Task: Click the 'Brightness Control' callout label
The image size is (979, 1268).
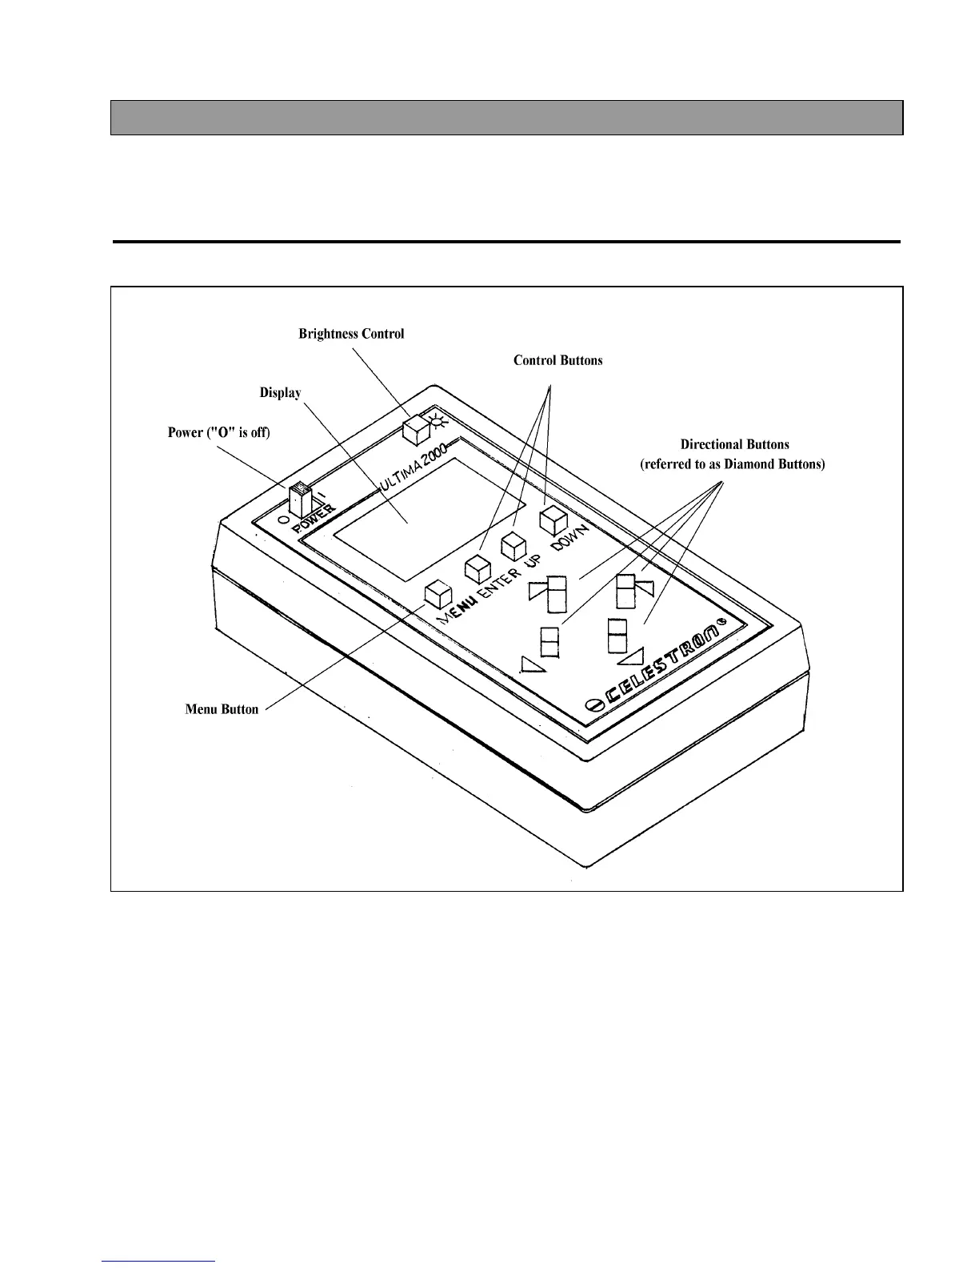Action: (x=351, y=334)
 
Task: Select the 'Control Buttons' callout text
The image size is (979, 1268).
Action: (x=557, y=360)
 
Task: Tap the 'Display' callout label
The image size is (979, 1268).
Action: (x=280, y=392)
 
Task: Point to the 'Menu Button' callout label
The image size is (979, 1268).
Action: (x=222, y=709)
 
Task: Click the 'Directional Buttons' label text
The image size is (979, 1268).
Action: (x=734, y=444)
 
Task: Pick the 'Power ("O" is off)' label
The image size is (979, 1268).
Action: (x=218, y=432)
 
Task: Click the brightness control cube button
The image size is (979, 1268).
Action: (x=416, y=430)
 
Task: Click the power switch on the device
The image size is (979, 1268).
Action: (x=300, y=500)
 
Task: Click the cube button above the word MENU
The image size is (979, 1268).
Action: (x=439, y=593)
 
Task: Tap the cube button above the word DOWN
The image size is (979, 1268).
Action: (x=553, y=520)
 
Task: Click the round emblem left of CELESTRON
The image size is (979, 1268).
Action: (x=593, y=704)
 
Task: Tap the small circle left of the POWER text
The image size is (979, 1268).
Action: (x=283, y=520)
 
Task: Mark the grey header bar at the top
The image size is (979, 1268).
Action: (x=506, y=118)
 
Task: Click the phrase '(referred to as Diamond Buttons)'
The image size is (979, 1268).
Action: (x=732, y=464)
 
